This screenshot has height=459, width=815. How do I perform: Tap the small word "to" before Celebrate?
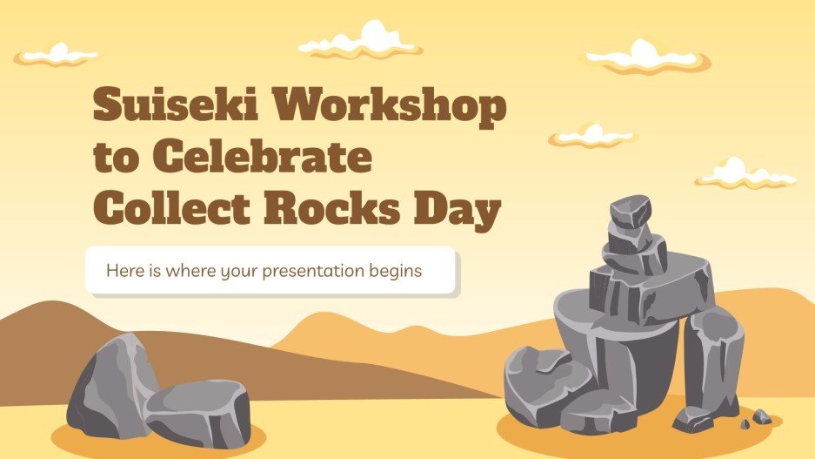(118, 161)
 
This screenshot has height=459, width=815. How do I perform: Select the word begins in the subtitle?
(397, 271)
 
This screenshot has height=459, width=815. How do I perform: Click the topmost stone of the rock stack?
(629, 210)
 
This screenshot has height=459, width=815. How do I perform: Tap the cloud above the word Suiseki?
(57, 54)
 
